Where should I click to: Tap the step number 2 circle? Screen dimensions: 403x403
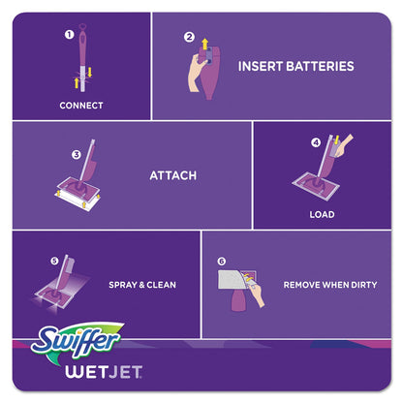[190, 38]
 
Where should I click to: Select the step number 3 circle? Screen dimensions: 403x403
[76, 154]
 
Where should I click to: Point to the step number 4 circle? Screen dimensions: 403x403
[315, 142]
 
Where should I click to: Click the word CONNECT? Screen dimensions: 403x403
[80, 106]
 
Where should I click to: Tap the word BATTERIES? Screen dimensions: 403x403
[316, 67]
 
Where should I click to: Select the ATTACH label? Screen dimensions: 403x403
[172, 176]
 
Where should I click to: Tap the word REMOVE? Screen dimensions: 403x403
[303, 286]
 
